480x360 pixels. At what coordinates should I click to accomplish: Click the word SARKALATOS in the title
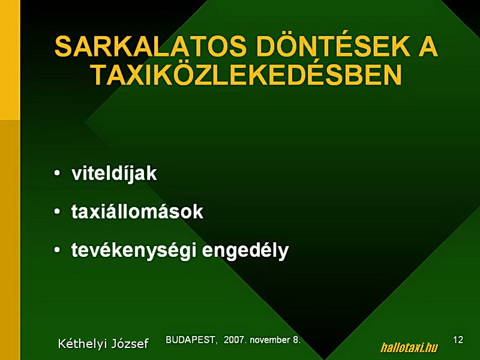point(151,47)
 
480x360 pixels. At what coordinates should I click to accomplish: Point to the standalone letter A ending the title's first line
point(428,47)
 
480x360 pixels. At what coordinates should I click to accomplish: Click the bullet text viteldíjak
point(114,173)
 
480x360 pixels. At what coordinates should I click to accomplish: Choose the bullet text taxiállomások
point(137,211)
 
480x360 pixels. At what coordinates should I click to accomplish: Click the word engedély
point(245,250)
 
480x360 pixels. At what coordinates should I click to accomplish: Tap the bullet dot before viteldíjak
point(57,173)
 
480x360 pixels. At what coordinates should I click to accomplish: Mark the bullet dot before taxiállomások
point(57,212)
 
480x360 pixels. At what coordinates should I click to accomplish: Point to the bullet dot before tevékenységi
point(57,250)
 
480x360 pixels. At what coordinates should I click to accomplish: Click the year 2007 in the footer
point(235,340)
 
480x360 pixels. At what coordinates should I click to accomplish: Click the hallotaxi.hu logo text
point(409,348)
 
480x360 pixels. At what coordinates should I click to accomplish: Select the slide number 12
point(458,340)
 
